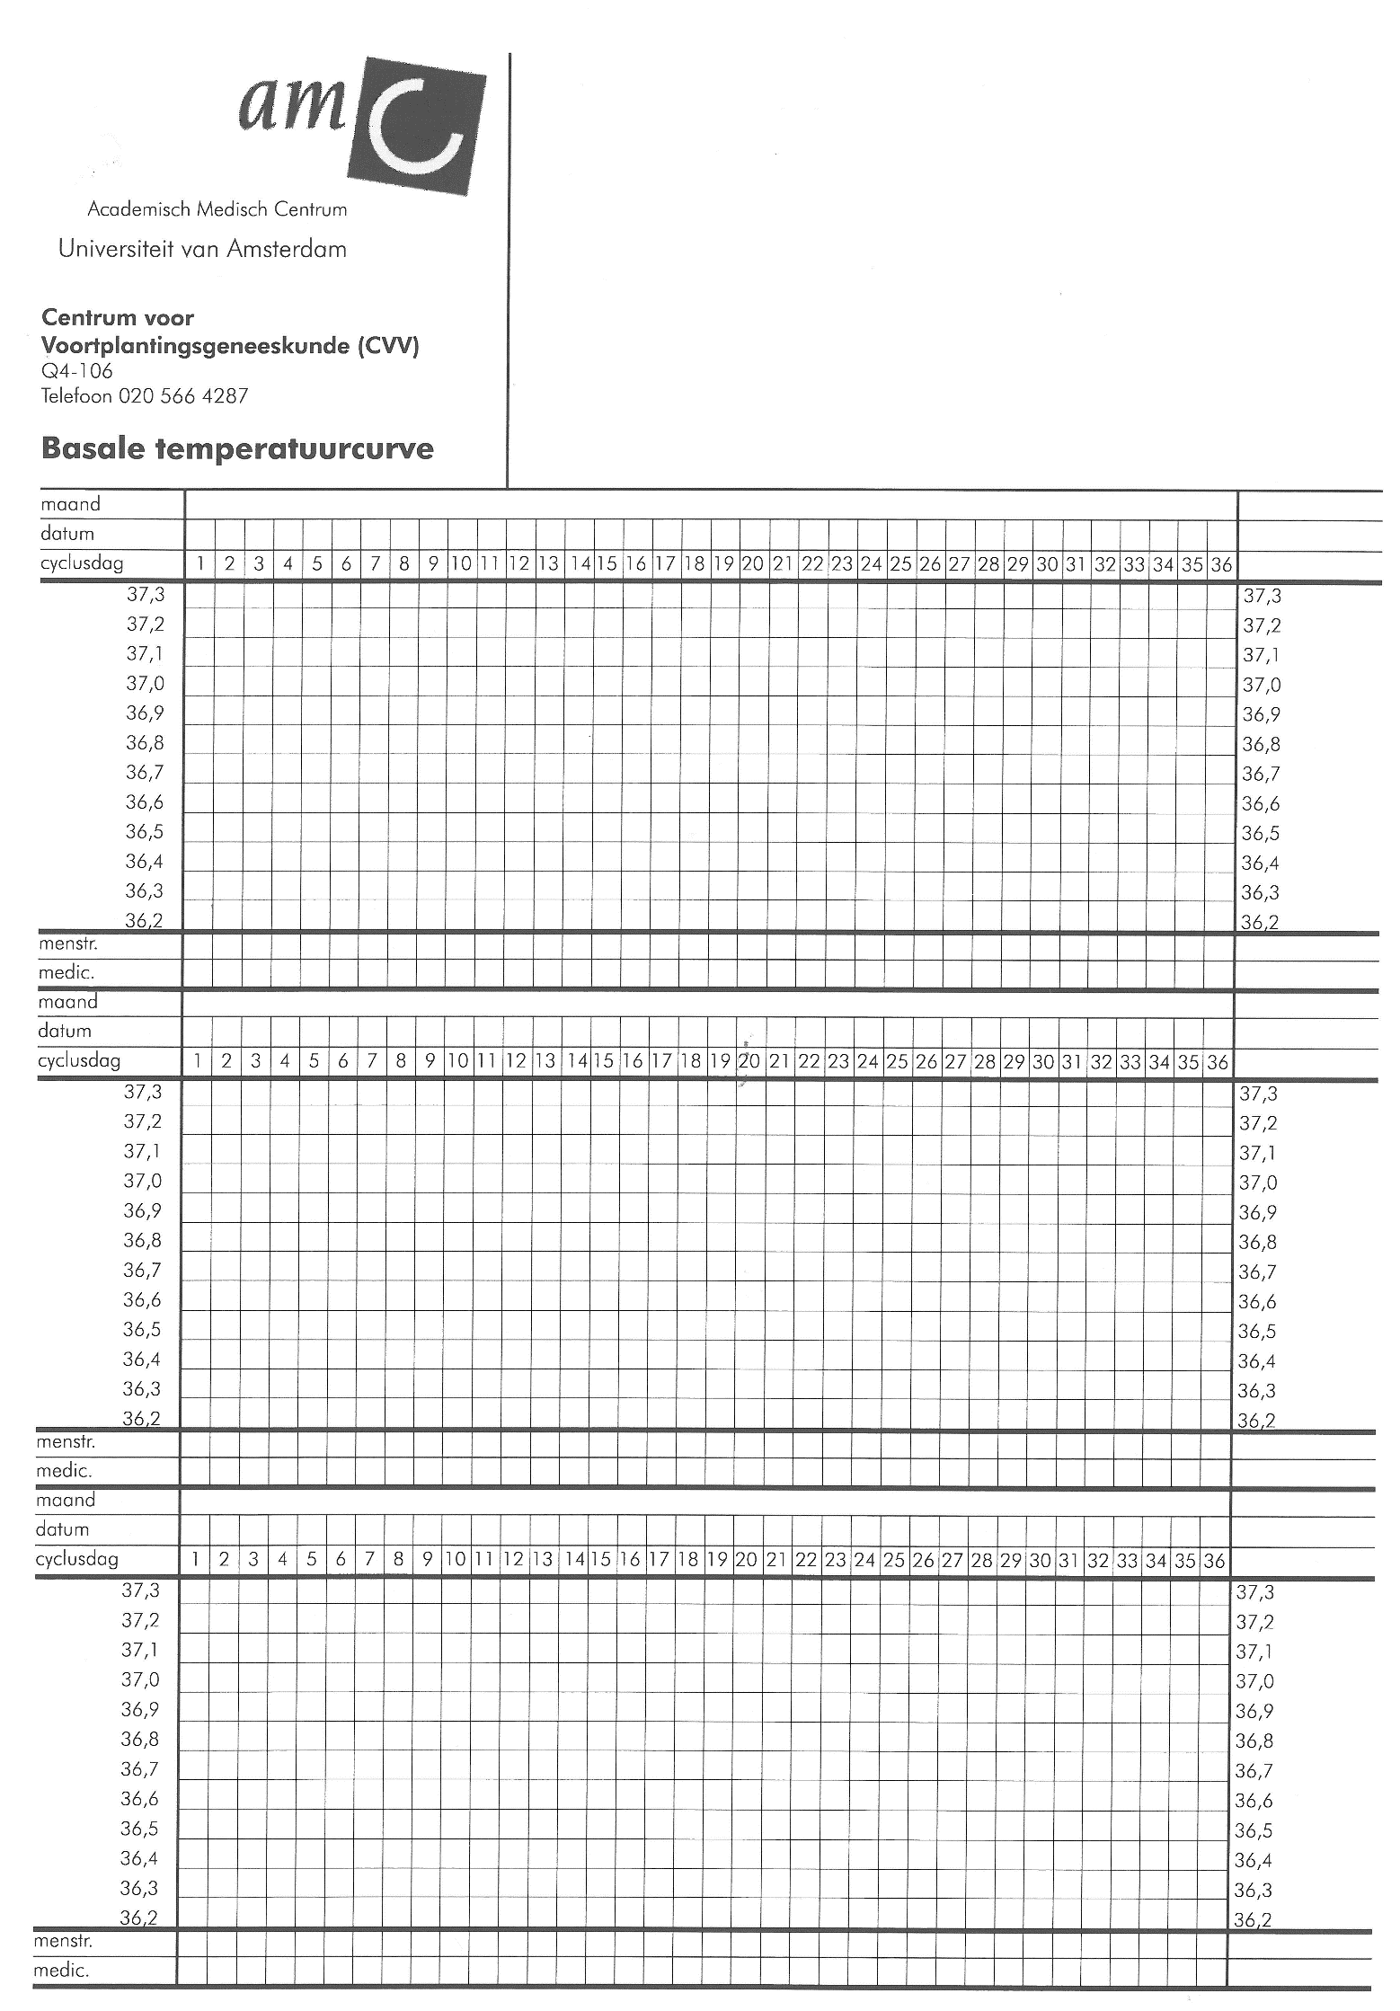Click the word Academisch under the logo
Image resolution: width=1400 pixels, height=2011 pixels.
138,209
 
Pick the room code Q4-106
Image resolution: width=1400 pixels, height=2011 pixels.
77,371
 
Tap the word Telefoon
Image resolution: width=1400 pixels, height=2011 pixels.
76,396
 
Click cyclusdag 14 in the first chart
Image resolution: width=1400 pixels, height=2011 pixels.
580,564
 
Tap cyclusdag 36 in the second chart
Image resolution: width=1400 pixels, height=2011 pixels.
1217,1062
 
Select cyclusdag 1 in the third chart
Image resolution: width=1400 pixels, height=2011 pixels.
195,1560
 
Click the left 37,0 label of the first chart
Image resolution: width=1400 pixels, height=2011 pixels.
145,684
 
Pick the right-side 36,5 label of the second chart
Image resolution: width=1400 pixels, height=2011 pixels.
1257,1332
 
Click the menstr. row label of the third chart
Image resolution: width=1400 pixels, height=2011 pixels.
63,1940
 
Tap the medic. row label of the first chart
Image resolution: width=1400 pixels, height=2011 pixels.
66,972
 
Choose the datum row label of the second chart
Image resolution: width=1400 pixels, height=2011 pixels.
65,1031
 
